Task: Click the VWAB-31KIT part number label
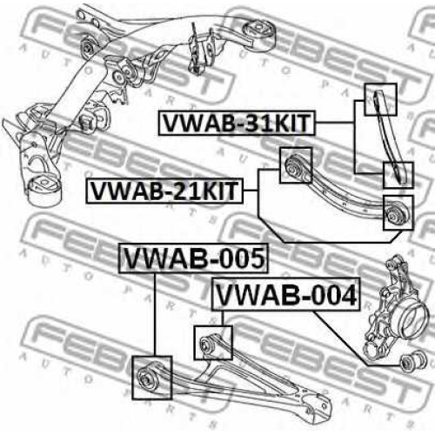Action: (x=237, y=123)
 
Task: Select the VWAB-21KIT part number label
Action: (x=164, y=191)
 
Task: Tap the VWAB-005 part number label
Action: (x=194, y=258)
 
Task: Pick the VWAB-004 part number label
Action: (x=286, y=294)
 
